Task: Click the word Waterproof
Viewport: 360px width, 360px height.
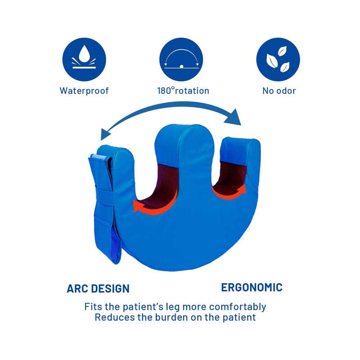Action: coord(84,91)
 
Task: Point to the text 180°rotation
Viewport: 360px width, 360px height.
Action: coord(183,91)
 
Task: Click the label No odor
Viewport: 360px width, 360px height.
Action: coord(279,91)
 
